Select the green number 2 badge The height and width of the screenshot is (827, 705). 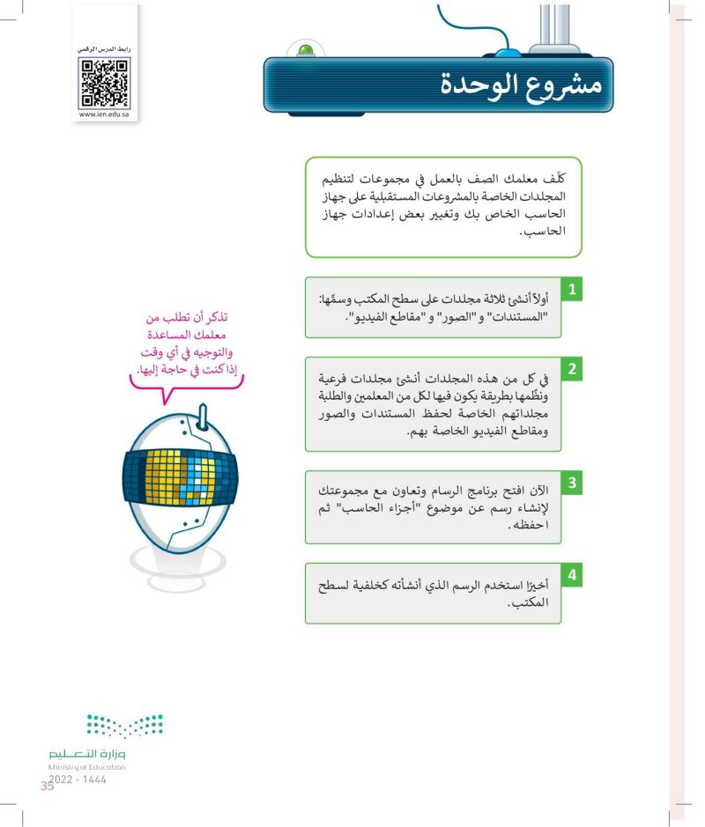(573, 370)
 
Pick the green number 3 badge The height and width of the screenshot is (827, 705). (573, 484)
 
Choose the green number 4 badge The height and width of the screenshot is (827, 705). (573, 576)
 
